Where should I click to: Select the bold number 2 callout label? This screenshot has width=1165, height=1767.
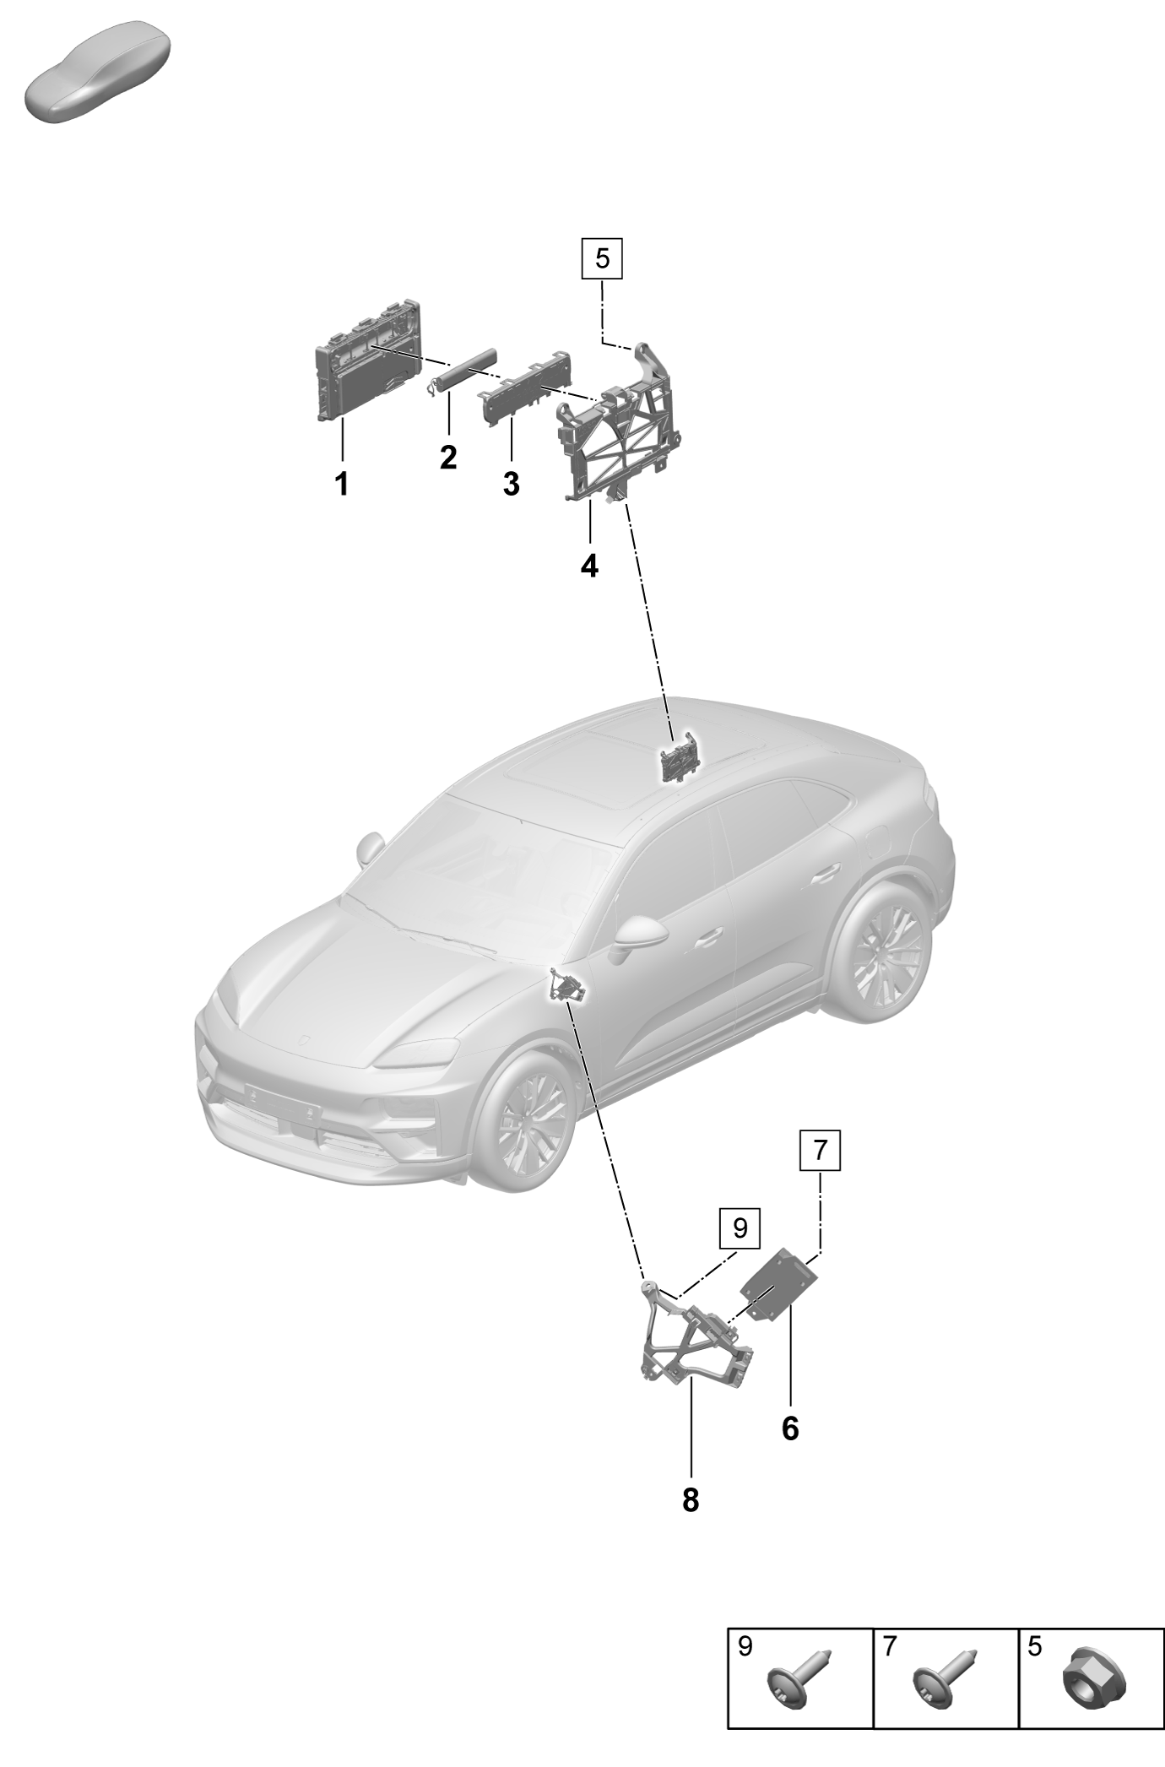click(448, 458)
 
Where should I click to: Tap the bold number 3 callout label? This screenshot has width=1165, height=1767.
click(511, 485)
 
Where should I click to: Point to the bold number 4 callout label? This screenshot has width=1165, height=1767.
click(589, 566)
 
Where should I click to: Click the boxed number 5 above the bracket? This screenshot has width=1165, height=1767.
click(602, 257)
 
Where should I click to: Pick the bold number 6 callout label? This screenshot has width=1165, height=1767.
click(790, 1429)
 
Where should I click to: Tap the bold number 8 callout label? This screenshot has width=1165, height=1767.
click(691, 1500)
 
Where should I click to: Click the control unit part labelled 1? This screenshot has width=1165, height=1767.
click(368, 358)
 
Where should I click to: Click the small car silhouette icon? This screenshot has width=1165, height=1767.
click(98, 73)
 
